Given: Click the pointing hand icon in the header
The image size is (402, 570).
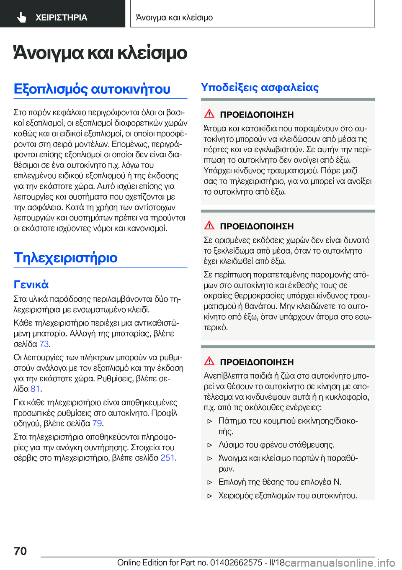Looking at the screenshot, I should coord(22,17).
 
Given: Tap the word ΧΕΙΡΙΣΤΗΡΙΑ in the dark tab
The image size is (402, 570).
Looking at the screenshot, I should coord(61,18).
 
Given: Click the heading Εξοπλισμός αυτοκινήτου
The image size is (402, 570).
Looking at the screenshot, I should coord(92,89).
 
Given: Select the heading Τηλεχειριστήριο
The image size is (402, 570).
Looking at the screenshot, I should coord(66,257).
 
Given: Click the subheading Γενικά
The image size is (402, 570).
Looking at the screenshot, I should coord(31,285).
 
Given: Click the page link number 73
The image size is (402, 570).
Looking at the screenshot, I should coord(44,344).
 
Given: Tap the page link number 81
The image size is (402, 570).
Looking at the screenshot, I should coord(35,389).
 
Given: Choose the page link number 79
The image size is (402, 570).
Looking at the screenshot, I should coord(97,423).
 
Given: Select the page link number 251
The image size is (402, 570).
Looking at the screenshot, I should coord(167,457).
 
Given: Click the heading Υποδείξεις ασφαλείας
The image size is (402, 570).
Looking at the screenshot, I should coord(260,87).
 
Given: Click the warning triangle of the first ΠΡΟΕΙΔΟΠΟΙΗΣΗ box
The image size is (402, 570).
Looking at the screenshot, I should coord(209,113).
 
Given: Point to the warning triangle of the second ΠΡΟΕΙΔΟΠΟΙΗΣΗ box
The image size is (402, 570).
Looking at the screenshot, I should coord(209,225).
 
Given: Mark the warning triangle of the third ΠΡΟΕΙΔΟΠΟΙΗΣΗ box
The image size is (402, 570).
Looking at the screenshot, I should coord(209,361).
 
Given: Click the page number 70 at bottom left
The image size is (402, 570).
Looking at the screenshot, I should coord(21,551).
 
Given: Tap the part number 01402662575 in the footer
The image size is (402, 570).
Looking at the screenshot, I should coord(236,562).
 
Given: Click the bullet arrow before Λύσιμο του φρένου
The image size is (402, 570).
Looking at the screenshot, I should coord(210,445).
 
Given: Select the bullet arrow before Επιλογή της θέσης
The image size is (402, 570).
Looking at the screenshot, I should coord(210,482).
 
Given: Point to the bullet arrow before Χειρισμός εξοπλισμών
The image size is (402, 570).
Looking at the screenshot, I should coord(210,496).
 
